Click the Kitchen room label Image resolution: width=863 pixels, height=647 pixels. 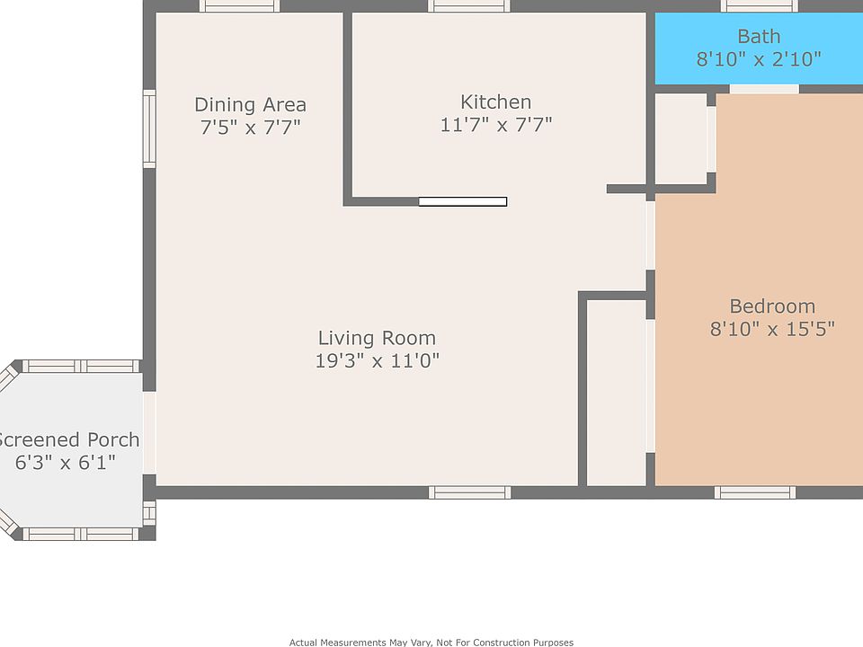[495, 102]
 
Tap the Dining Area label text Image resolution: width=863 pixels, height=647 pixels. [250, 105]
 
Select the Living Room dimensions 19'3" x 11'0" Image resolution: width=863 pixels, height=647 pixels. [377, 361]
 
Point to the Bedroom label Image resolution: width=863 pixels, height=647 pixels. [771, 306]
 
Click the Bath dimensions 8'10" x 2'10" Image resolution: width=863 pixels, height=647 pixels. [758, 60]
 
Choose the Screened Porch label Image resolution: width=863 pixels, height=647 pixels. [68, 440]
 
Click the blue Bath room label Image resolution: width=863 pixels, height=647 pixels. [758, 37]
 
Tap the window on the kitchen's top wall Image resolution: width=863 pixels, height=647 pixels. [468, 6]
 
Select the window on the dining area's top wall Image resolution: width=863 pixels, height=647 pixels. [238, 6]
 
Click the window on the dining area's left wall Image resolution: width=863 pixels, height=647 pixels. [149, 129]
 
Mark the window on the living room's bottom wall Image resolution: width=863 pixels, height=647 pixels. [469, 492]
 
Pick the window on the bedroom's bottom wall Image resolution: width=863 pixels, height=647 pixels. [754, 492]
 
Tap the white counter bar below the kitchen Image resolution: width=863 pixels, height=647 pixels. [462, 202]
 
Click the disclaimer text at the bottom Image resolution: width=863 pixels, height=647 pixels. [431, 642]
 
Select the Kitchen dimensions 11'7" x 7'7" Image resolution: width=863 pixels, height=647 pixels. [495, 125]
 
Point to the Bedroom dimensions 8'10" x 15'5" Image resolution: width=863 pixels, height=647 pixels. [771, 330]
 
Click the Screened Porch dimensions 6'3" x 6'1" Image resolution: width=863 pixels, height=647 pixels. [65, 464]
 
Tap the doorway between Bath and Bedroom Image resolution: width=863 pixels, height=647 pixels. [763, 89]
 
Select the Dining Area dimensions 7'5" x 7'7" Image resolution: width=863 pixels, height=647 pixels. [250, 128]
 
